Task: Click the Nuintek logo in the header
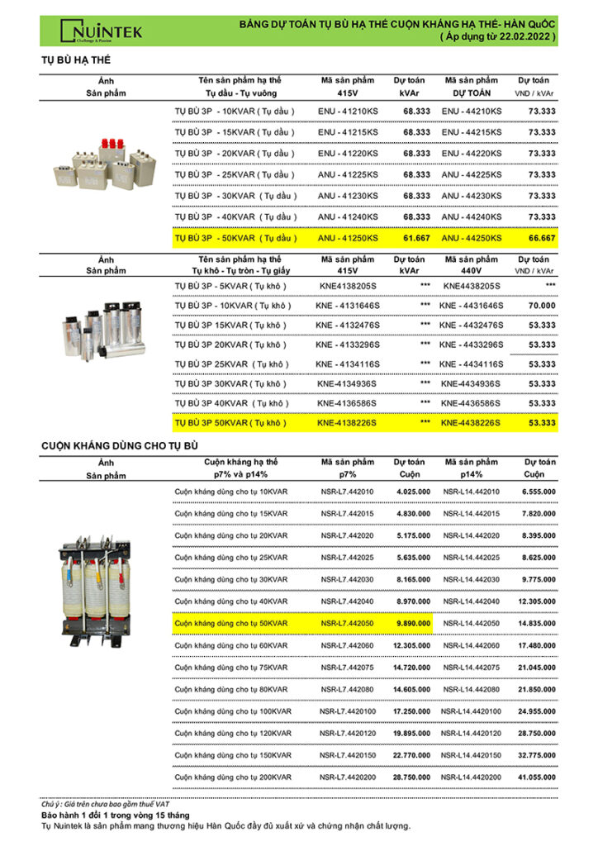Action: (x=101, y=31)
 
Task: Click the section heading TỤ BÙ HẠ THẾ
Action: (x=76, y=61)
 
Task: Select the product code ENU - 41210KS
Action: (x=348, y=111)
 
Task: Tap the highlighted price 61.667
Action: (x=416, y=238)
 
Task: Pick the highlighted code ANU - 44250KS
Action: (x=471, y=238)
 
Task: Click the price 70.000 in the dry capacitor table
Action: (x=542, y=306)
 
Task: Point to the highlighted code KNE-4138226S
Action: (x=347, y=423)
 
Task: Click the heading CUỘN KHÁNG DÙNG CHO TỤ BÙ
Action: (x=121, y=446)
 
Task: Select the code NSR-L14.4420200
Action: (x=471, y=777)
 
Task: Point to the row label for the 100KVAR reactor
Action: (x=233, y=711)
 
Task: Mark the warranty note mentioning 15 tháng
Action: (x=116, y=815)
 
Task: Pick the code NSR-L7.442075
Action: (x=347, y=668)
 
